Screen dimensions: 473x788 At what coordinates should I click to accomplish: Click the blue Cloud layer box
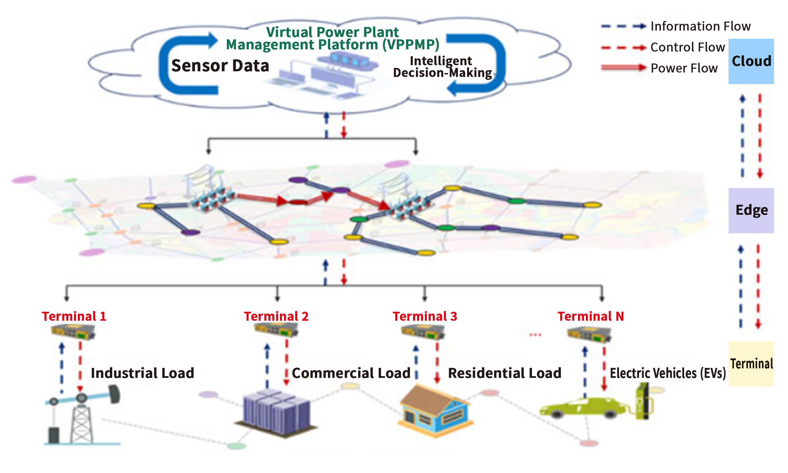tap(751, 61)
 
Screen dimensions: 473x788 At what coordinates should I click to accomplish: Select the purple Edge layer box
tap(751, 210)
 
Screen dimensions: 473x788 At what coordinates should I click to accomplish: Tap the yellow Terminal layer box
tap(751, 364)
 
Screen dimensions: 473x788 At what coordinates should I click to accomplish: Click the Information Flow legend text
tap(700, 26)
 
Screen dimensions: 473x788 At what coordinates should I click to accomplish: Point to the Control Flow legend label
tap(687, 47)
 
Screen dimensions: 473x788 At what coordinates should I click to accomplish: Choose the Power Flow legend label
tap(684, 68)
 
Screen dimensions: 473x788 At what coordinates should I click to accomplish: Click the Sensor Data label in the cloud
tap(220, 66)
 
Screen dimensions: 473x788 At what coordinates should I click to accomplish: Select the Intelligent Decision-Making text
tap(442, 67)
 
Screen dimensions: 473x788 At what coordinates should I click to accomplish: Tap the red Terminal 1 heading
tap(74, 316)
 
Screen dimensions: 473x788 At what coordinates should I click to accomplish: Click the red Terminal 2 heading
tap(276, 316)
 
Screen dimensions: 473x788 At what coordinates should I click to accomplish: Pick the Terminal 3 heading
tap(425, 316)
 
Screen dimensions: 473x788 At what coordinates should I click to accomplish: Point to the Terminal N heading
tap(590, 316)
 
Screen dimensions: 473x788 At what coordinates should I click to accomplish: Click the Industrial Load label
tap(142, 373)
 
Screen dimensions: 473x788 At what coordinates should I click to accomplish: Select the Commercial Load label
tap(351, 373)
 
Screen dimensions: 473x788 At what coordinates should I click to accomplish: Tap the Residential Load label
tap(504, 373)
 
